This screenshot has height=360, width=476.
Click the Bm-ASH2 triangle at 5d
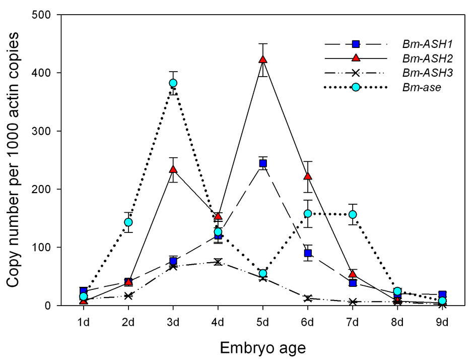pyautogui.click(x=263, y=59)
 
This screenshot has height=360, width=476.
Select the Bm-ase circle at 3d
pyautogui.click(x=173, y=83)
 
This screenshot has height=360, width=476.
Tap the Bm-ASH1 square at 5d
pyautogui.click(x=263, y=163)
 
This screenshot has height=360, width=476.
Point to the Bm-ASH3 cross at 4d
pyautogui.click(x=218, y=262)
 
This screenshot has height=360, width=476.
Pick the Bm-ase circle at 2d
pyautogui.click(x=128, y=222)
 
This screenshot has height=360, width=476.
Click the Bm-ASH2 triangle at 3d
pyautogui.click(x=173, y=169)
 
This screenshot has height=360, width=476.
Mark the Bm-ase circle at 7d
pyautogui.click(x=353, y=214)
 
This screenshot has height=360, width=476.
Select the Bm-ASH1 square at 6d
pyautogui.click(x=308, y=253)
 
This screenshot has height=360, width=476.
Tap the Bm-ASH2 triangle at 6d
pyautogui.click(x=308, y=176)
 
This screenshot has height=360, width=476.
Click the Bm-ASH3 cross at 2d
pyautogui.click(x=128, y=295)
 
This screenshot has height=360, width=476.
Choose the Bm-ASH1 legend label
pyautogui.click(x=428, y=44)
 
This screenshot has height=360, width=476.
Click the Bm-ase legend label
pyautogui.click(x=422, y=88)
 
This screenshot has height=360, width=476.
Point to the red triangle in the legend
pyautogui.click(x=356, y=58)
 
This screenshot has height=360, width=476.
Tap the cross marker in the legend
pyautogui.click(x=356, y=73)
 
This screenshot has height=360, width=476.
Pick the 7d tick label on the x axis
pyautogui.click(x=353, y=322)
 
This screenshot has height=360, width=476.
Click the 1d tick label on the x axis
pyautogui.click(x=84, y=322)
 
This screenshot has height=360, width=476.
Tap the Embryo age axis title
pyautogui.click(x=263, y=347)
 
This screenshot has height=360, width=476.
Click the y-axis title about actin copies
pyautogui.click(x=13, y=160)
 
